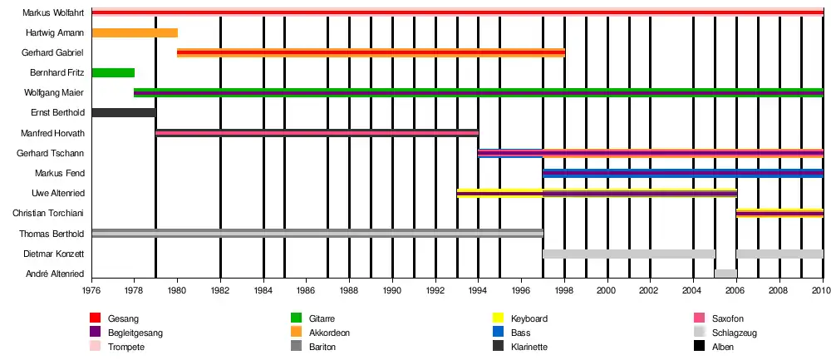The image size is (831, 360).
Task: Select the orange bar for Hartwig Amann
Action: tap(134, 32)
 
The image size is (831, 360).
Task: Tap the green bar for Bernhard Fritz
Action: tap(113, 72)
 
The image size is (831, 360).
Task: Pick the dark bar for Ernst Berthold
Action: tap(123, 112)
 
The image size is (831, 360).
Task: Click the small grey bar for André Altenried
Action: tap(725, 274)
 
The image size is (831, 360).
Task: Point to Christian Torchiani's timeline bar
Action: tap(779, 213)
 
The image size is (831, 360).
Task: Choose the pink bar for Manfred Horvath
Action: tap(317, 133)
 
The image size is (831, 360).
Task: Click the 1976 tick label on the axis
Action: tap(91, 291)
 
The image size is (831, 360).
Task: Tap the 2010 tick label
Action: tap(822, 291)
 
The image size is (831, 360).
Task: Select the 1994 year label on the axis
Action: tap(479, 291)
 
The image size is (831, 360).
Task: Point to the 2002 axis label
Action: tap(650, 291)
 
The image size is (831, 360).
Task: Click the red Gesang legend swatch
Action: tap(95, 318)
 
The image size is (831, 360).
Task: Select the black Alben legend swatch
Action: tap(699, 347)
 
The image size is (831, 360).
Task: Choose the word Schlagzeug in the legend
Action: tap(734, 333)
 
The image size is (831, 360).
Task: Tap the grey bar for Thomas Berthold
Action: tap(317, 233)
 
